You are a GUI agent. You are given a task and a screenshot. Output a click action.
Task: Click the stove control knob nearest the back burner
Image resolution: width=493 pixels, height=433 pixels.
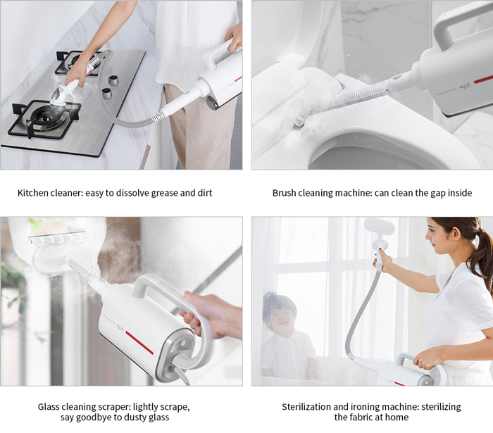pyautogui.click(x=113, y=80)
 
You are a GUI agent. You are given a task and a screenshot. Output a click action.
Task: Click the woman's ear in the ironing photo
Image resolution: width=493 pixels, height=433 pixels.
pyautogui.click(x=456, y=233)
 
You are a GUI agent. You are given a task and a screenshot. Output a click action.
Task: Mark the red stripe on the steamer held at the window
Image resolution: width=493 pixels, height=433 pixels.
pyautogui.click(x=139, y=342)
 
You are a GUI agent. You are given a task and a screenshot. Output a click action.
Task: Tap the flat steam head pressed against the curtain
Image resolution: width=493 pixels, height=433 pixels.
pyautogui.click(x=379, y=226)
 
